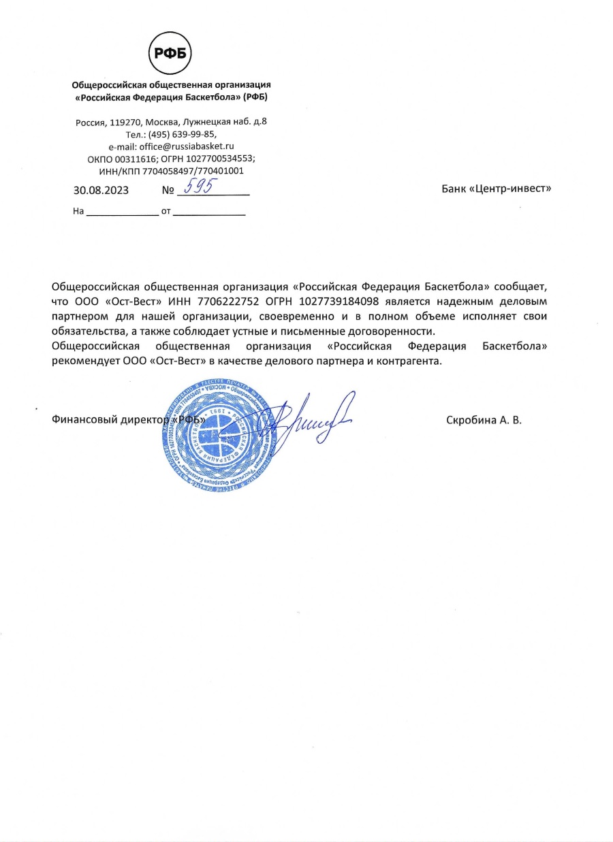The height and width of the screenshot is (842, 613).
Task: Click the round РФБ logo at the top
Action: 171,53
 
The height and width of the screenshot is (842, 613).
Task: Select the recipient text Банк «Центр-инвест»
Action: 496,189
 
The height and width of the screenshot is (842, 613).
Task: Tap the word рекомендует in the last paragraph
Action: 82,361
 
